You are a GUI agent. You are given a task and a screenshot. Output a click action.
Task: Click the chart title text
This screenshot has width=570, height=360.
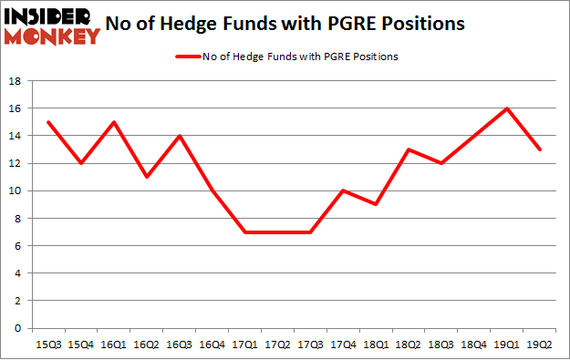pos(293,24)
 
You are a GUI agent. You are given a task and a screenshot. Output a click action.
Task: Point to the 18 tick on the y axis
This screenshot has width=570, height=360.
pos(16,81)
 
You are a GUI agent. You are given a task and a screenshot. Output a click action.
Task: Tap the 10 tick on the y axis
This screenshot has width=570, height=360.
pos(16,190)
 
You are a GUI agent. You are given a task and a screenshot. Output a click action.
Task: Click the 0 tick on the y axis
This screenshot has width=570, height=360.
pos(18,328)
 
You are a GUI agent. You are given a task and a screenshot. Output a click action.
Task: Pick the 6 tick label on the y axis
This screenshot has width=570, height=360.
pos(18,246)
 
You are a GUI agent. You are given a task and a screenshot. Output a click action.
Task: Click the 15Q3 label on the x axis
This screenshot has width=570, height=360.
pos(47,345)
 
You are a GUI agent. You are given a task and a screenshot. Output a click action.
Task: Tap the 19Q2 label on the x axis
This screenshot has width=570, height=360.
pos(539,345)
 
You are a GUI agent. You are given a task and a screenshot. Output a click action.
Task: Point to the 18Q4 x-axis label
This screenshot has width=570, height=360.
pos(475,345)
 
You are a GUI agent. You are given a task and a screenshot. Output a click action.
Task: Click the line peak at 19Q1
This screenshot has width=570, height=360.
pos(507,108)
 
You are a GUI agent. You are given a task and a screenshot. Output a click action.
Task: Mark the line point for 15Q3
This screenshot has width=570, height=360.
pos(47,122)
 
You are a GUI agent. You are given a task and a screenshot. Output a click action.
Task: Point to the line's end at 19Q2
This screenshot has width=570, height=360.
pos(539,149)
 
